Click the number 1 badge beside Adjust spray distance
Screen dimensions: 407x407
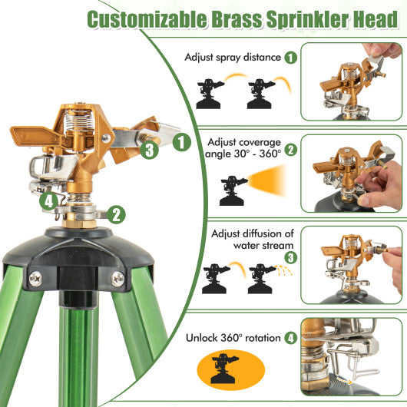tap(290, 57)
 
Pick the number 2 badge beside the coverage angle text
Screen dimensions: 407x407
tap(290, 150)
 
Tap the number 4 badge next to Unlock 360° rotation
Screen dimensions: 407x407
tap(290, 337)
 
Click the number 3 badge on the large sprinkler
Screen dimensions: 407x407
tap(150, 151)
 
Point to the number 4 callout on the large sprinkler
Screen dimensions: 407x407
tap(49, 202)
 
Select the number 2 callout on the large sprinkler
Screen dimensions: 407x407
tap(117, 214)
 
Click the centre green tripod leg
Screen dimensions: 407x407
tap(78, 353)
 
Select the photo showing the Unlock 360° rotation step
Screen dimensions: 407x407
tap(352, 359)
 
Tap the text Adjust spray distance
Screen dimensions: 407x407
tap(231, 57)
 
